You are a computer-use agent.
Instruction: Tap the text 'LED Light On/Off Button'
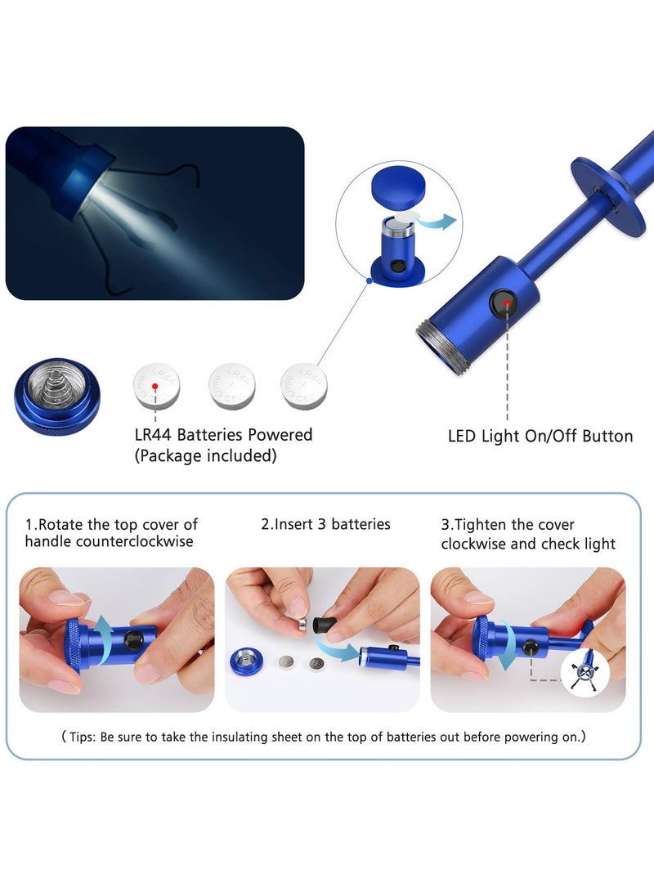pyautogui.click(x=540, y=437)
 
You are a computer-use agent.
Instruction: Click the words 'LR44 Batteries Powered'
pyautogui.click(x=223, y=435)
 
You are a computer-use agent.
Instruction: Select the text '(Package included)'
pyautogui.click(x=205, y=456)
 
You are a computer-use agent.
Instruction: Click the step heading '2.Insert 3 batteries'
pyautogui.click(x=325, y=524)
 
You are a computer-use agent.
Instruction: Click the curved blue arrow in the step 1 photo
pyautogui.click(x=104, y=634)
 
